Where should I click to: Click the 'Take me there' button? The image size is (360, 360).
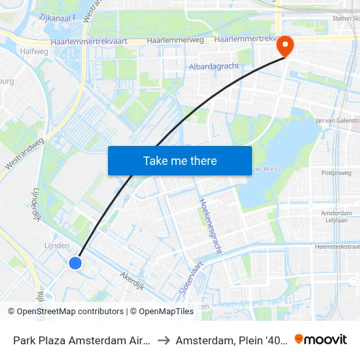(x=180, y=160)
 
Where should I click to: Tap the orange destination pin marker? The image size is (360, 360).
(x=285, y=46)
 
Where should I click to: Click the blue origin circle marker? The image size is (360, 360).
(x=75, y=262)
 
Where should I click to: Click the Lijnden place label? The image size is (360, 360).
(x=56, y=245)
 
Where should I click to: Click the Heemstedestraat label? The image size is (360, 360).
(x=337, y=246)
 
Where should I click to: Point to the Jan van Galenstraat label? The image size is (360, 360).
(x=337, y=120)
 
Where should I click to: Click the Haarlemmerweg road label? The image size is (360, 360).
(x=175, y=40)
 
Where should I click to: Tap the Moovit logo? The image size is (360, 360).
(x=321, y=339)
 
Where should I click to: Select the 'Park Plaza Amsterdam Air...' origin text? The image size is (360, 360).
(x=82, y=340)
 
